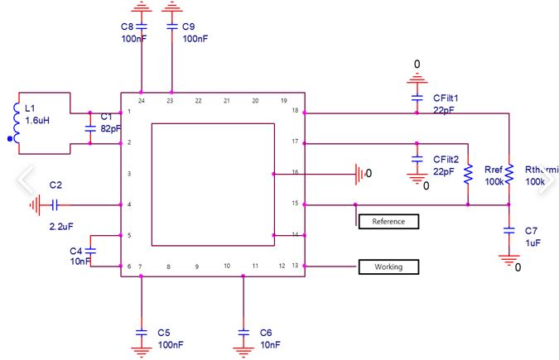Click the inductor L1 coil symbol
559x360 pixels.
point(17,123)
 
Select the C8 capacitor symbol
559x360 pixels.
point(142,26)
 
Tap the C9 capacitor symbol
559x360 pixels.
point(171,26)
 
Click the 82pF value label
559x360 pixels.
point(111,128)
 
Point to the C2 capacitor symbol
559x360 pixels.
point(55,205)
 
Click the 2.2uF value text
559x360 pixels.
point(61,226)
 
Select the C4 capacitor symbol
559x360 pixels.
point(90,251)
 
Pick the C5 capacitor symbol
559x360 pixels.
point(142,333)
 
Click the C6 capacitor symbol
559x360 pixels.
point(243,333)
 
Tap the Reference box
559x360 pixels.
point(388,221)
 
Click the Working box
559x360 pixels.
point(388,266)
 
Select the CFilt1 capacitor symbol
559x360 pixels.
point(417,98)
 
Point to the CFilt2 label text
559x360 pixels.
point(446,160)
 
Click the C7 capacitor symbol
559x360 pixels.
point(509,231)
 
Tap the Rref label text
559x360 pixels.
point(494,170)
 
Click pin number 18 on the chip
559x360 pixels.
point(295,111)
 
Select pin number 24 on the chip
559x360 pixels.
point(142,101)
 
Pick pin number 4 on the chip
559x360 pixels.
point(129,204)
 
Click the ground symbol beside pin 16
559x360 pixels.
point(360,174)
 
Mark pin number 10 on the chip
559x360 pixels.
point(227,266)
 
